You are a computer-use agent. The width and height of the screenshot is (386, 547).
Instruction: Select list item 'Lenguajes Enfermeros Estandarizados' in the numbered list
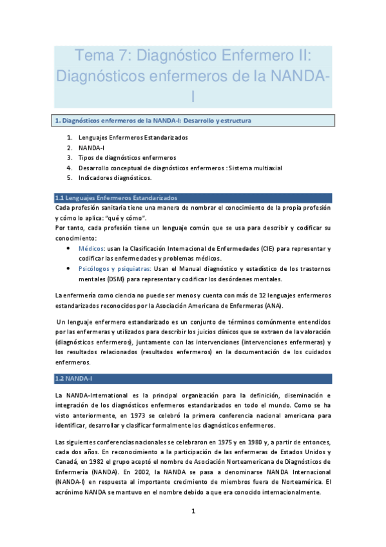pyautogui.click(x=133, y=137)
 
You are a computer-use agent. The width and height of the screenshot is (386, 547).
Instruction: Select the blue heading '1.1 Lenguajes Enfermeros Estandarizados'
pyautogui.click(x=116, y=197)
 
